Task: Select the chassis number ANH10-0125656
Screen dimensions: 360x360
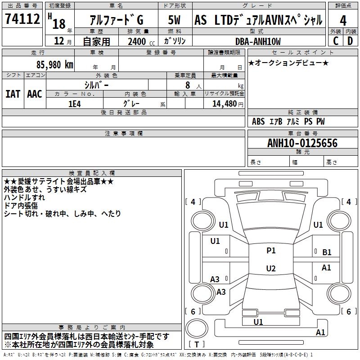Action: [302, 144]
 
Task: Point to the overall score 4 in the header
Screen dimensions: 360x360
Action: [343, 20]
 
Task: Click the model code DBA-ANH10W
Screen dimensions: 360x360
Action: [258, 41]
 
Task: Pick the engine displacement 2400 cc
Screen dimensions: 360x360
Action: [138, 42]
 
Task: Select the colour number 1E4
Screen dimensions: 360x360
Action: [74, 103]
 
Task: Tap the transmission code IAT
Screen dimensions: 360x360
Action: [12, 94]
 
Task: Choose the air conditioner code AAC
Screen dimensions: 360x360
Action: [35, 94]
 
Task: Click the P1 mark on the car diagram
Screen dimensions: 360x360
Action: [271, 251]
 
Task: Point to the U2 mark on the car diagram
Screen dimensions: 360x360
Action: [271, 269]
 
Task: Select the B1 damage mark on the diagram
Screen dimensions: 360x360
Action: [327, 253]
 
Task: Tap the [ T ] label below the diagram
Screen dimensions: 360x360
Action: [197, 345]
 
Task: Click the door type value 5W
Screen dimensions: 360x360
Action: [175, 20]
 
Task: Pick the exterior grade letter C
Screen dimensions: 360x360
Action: [336, 41]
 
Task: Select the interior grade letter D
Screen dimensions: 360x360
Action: [350, 41]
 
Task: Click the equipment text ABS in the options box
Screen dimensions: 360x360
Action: [258, 121]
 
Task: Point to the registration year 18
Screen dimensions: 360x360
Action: [59, 23]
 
